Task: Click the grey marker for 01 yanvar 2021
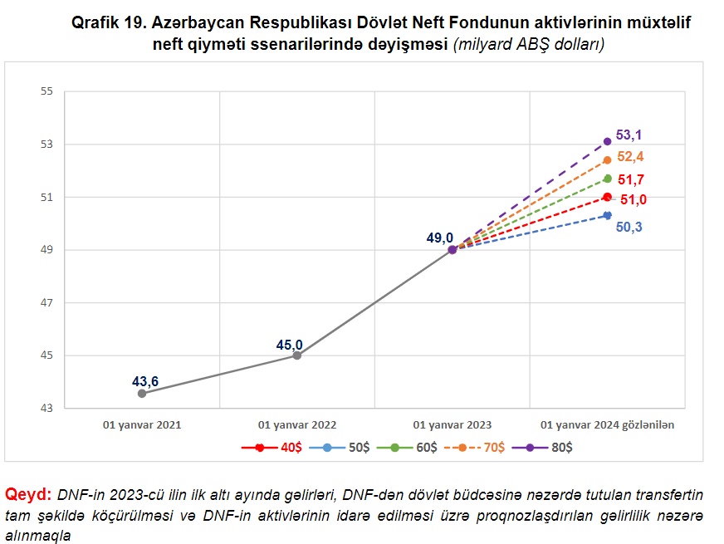tap(142, 394)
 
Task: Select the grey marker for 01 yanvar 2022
tap(297, 355)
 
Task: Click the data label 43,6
tap(145, 381)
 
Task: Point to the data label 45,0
tap(289, 345)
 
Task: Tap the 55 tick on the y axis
tap(46, 91)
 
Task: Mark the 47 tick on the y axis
tap(46, 303)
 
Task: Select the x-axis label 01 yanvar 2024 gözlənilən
tap(607, 424)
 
